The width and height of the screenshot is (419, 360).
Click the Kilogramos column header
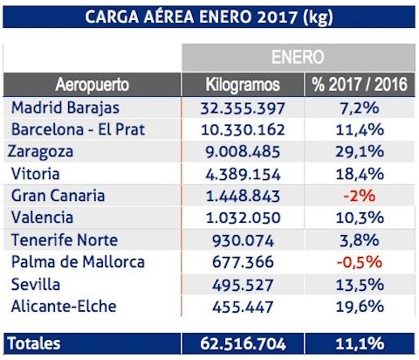pyautogui.click(x=243, y=86)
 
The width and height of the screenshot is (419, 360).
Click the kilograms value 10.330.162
pyautogui.click(x=244, y=129)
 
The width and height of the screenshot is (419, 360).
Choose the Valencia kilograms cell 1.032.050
pyautogui.click(x=244, y=218)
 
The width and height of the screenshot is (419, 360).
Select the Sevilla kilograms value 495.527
pyautogui.click(x=244, y=284)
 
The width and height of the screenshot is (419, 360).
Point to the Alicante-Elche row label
pyautogui.click(x=64, y=306)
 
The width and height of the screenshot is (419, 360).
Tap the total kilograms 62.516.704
pyautogui.click(x=244, y=343)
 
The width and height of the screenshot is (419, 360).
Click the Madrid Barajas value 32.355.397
pyautogui.click(x=244, y=107)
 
